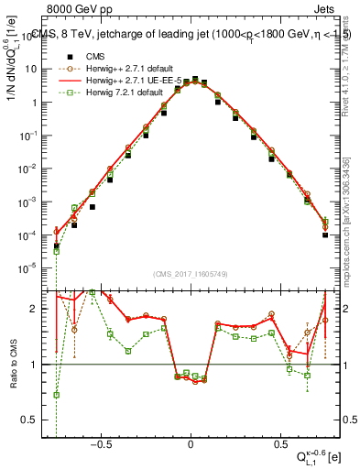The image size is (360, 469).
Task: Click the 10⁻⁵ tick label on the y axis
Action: tap(29, 268)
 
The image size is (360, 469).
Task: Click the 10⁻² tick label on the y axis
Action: tap(29, 169)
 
